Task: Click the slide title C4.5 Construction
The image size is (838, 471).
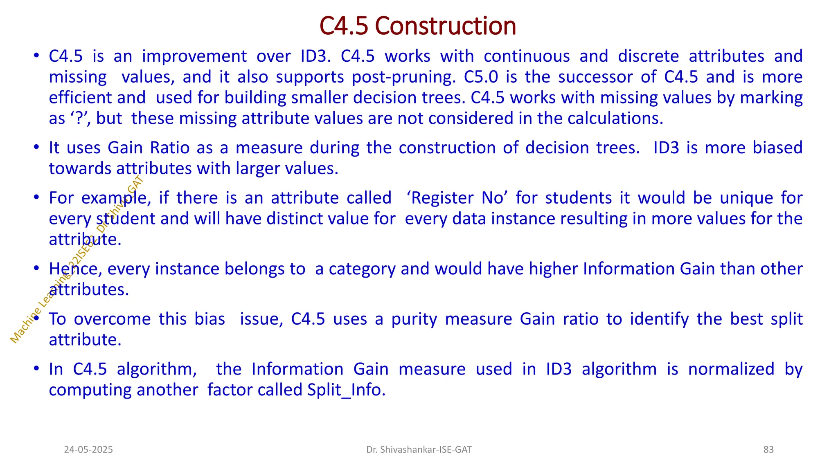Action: tap(418, 26)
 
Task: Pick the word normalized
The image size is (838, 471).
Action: tap(731, 369)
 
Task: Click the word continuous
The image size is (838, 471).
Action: tap(527, 56)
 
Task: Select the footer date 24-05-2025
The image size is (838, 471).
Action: tap(88, 450)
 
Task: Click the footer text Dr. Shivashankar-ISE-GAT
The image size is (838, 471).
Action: tap(419, 450)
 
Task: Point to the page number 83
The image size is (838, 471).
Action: tap(768, 450)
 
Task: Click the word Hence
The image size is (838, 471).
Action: tap(74, 269)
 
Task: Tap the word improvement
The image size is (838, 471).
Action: tap(194, 56)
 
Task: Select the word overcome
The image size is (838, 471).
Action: tap(112, 319)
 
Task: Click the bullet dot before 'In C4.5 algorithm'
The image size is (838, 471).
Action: tap(36, 369)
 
